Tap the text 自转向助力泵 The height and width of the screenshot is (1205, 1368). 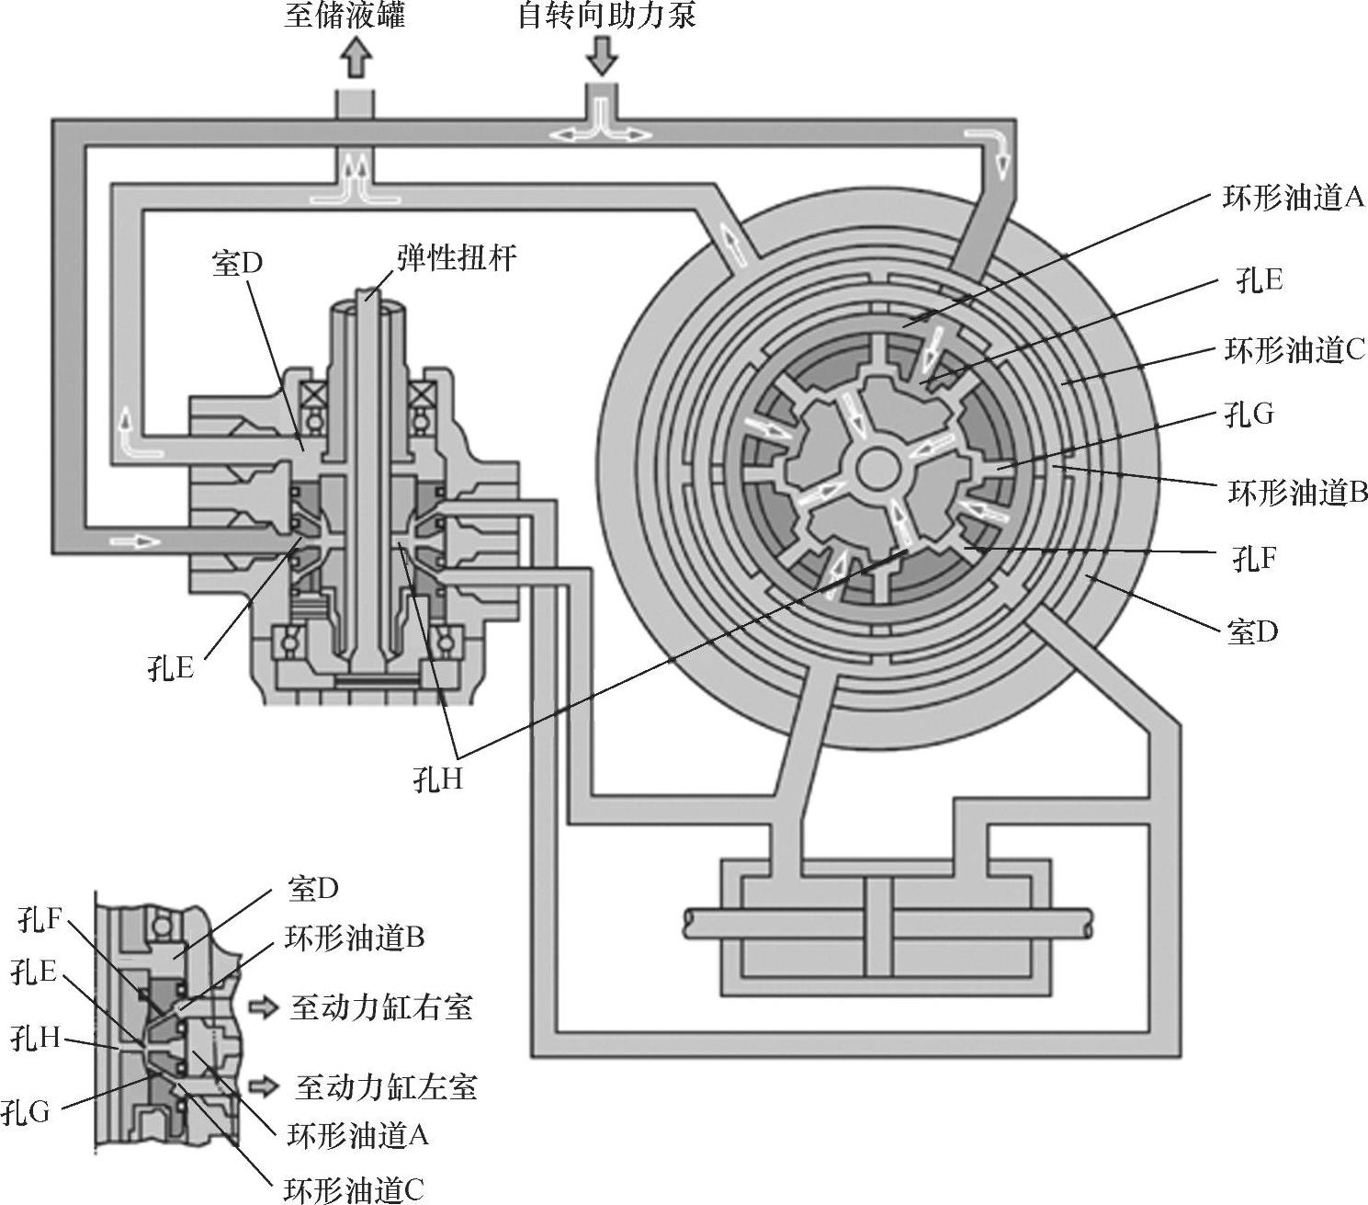click(607, 15)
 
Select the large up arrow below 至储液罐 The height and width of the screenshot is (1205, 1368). click(356, 57)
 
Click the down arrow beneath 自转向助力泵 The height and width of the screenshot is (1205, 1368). click(603, 55)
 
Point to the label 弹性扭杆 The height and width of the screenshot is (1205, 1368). click(458, 258)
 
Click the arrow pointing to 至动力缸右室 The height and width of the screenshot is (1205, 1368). click(263, 1007)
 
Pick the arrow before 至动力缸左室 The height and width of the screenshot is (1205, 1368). click(263, 1086)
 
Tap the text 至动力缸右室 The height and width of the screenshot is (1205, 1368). click(381, 1007)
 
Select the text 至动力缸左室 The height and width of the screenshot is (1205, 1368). click(386, 1086)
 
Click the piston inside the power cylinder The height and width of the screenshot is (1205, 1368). click(877, 927)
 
